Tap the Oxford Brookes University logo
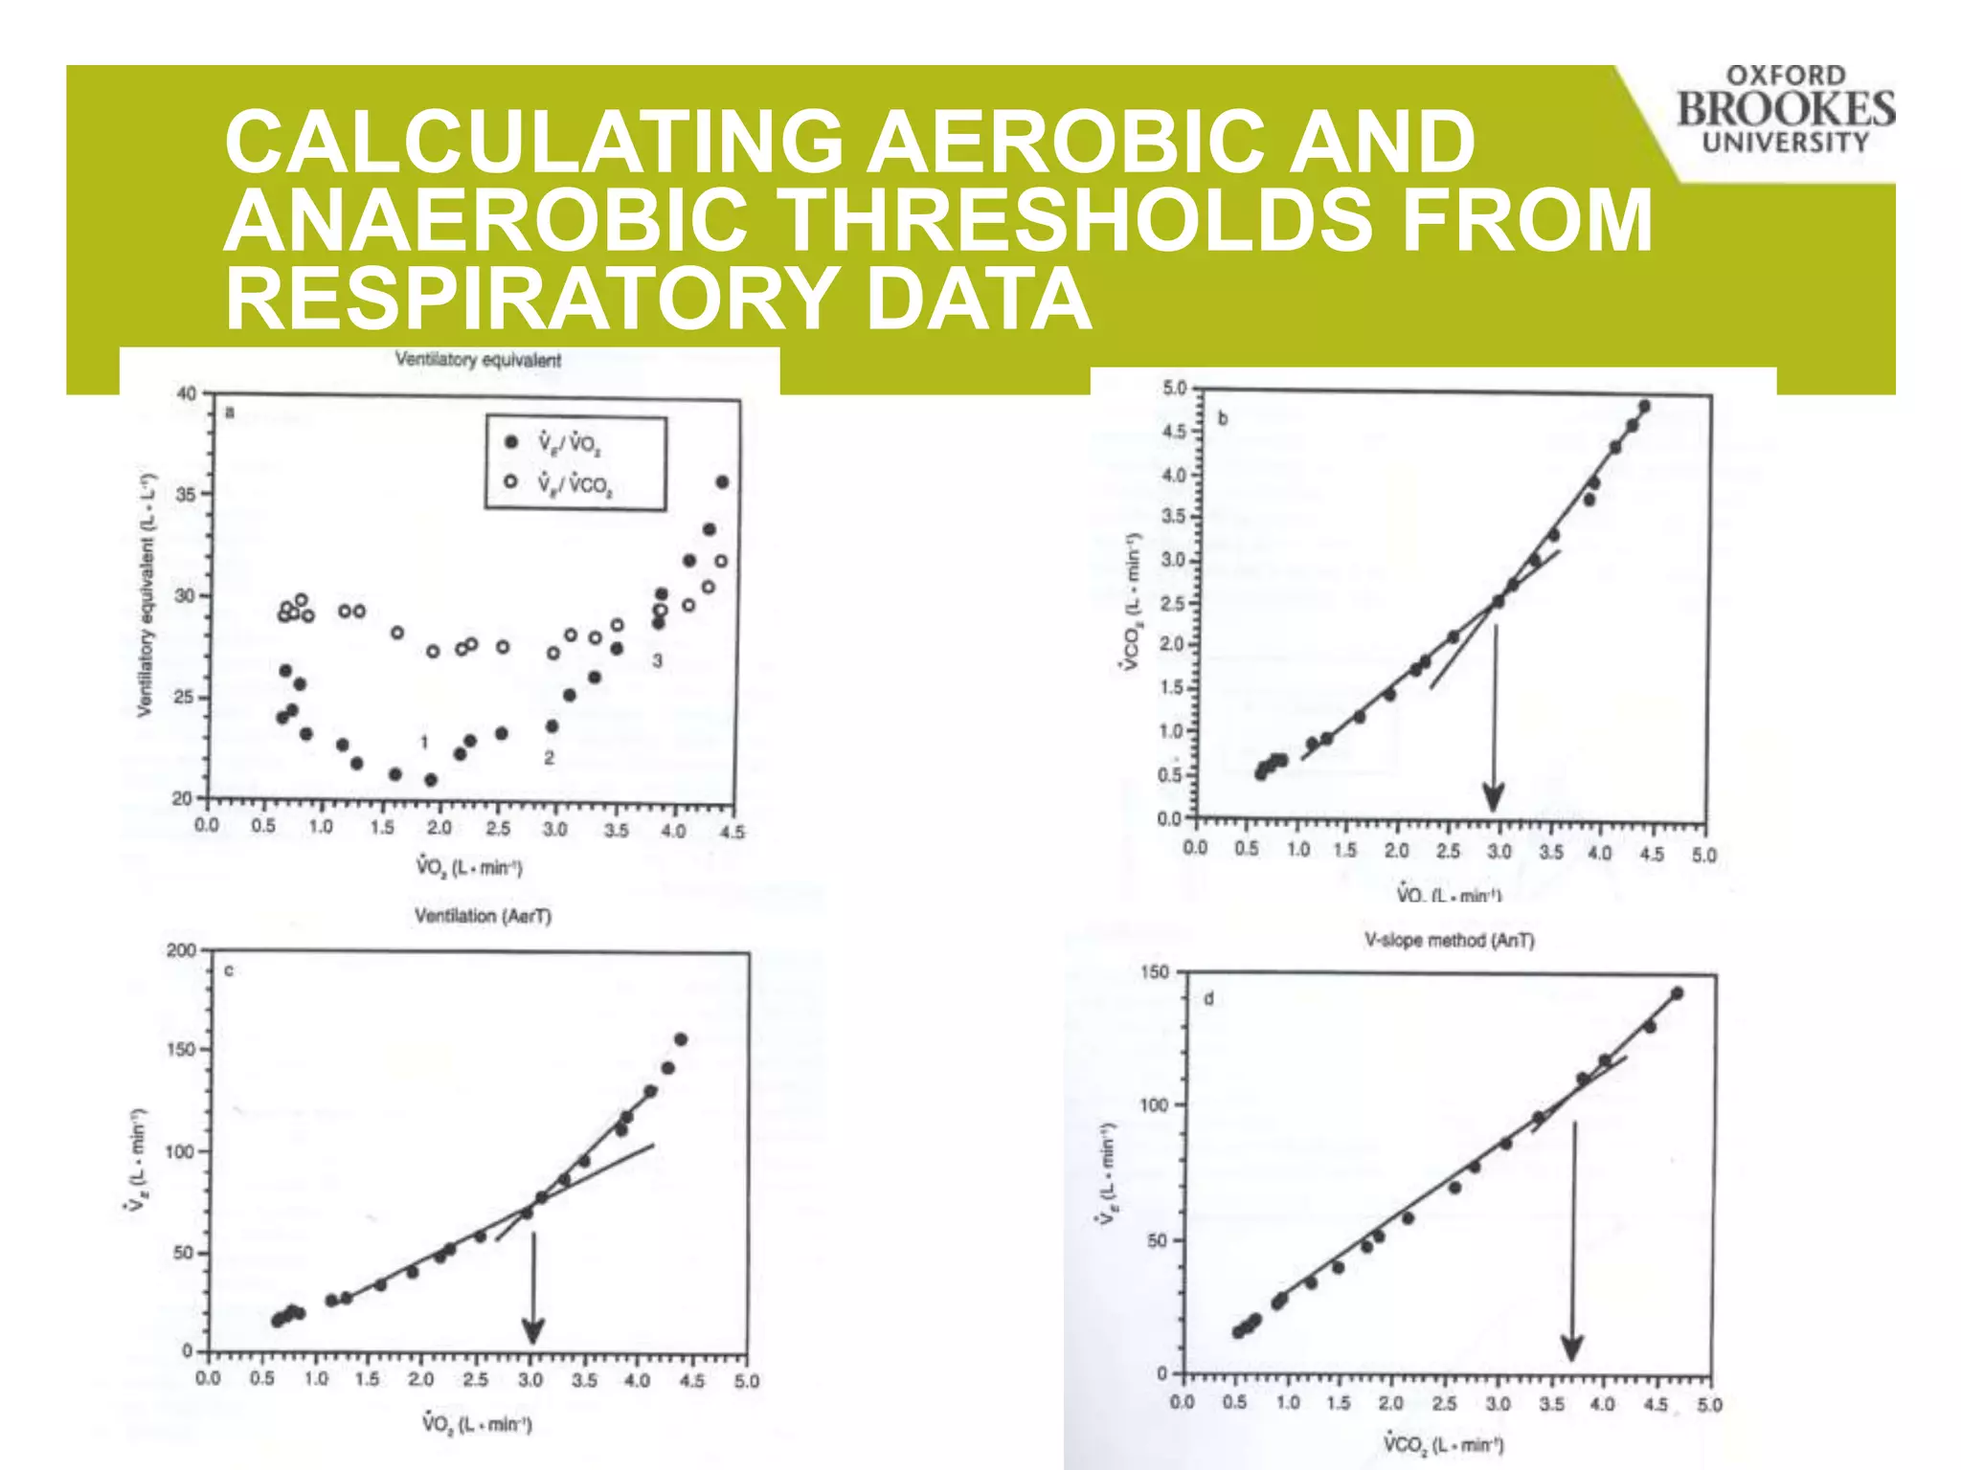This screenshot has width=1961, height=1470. click(x=1785, y=109)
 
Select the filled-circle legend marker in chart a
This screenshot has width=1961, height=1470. click(x=511, y=441)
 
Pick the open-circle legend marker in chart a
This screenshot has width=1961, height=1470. click(x=511, y=481)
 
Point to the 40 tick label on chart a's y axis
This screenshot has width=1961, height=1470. click(x=186, y=393)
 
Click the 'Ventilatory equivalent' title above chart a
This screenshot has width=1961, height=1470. click(x=478, y=360)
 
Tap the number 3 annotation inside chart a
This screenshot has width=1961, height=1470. click(x=657, y=660)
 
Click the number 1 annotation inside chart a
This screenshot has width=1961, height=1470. click(x=423, y=742)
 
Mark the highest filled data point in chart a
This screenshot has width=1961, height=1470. click(x=723, y=482)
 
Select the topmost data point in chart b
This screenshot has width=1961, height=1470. click(x=1644, y=407)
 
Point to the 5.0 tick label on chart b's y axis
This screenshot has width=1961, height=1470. click(x=1174, y=389)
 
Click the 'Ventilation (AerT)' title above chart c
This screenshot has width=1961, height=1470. click(x=483, y=916)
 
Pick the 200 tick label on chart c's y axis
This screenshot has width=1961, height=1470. click(x=181, y=950)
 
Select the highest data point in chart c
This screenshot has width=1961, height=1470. click(x=681, y=1039)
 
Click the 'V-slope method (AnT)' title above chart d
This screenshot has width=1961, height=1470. click(x=1449, y=941)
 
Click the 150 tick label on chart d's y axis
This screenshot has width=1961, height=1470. click(x=1155, y=972)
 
